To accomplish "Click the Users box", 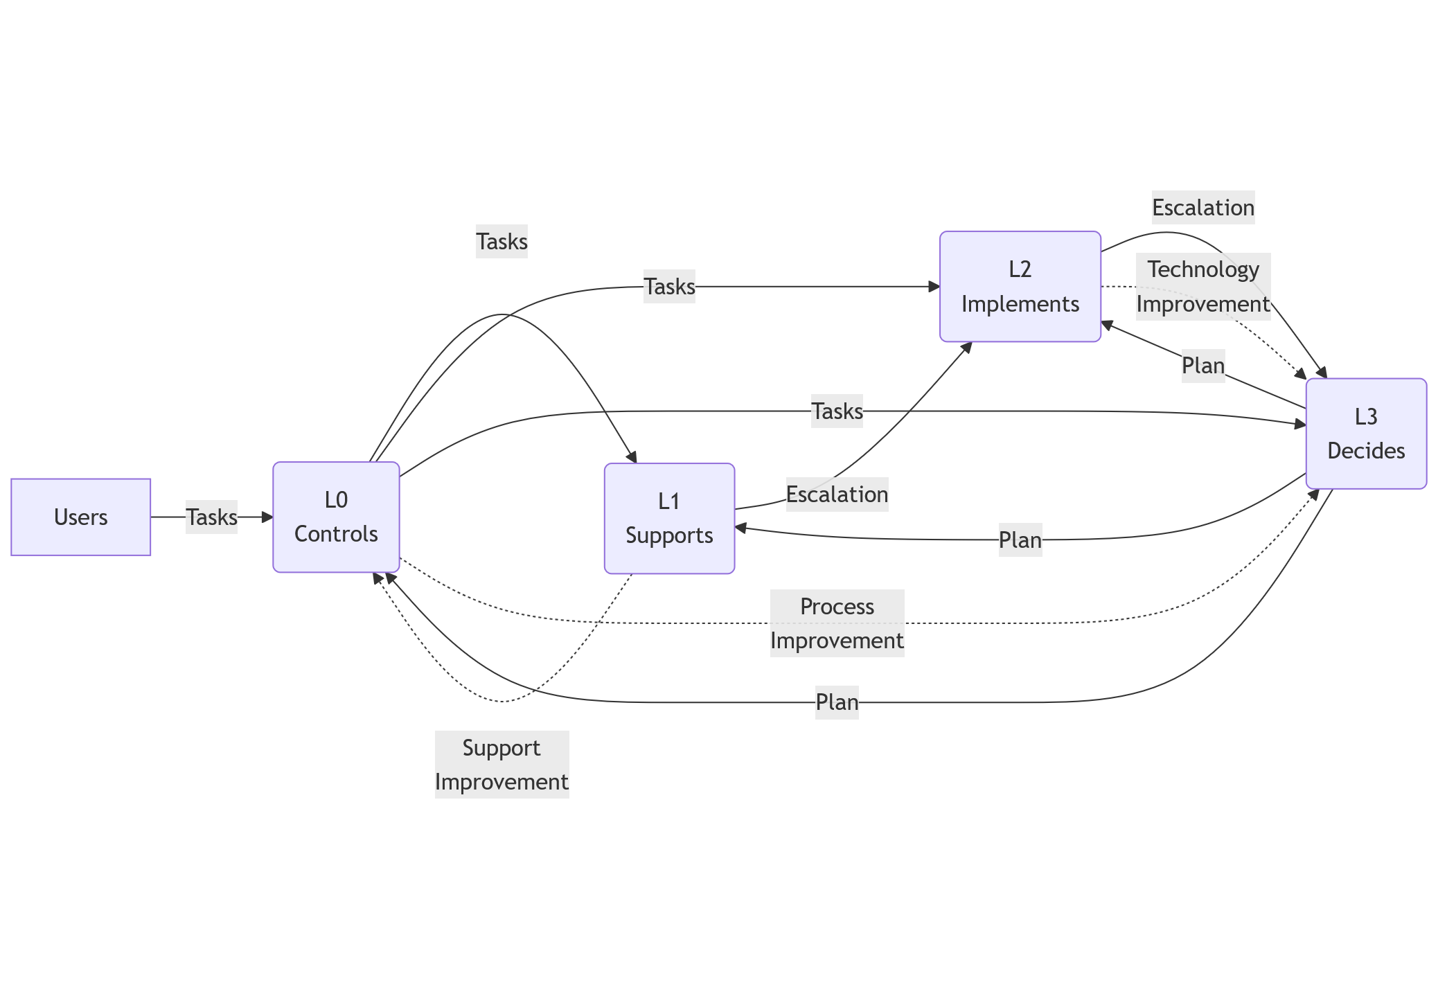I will [x=80, y=517].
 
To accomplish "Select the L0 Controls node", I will [x=336, y=517].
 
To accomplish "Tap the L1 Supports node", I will [x=669, y=519].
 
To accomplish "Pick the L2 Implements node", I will [x=1020, y=287].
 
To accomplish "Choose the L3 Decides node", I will [x=1365, y=434].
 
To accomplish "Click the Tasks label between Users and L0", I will [x=211, y=517].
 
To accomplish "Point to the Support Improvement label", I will [x=501, y=765].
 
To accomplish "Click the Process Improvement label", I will [x=837, y=623].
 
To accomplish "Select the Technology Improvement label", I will [x=1202, y=287].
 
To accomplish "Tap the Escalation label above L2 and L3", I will [x=1202, y=208].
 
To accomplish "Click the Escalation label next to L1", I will [x=837, y=494].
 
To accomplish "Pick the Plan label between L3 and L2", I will [x=1202, y=366].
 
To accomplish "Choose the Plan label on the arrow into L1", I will [x=1020, y=540].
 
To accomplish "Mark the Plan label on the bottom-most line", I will [x=837, y=702].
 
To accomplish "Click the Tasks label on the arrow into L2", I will [x=669, y=287].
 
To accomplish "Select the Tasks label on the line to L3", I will [x=837, y=411].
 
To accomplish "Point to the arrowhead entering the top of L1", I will [x=632, y=457].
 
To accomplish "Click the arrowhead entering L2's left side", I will [x=934, y=287].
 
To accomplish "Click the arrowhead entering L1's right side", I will [x=740, y=528].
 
